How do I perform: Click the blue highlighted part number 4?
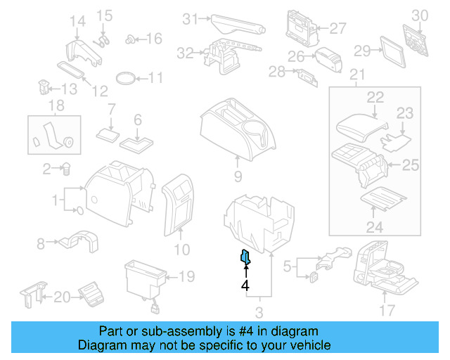tap(245, 258)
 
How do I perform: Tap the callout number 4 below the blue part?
tap(245, 285)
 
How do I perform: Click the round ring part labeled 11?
tap(126, 77)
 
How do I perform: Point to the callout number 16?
tap(154, 39)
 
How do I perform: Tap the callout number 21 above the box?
tap(357, 75)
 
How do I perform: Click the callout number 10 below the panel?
tap(181, 249)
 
